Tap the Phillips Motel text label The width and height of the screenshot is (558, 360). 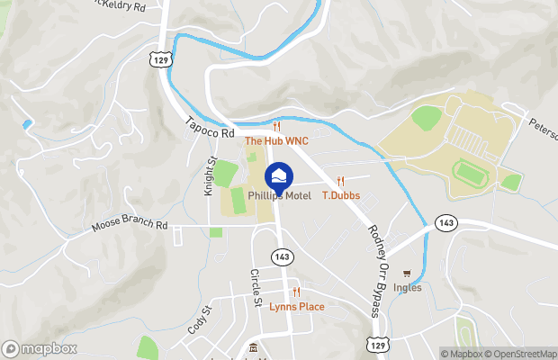(279, 196)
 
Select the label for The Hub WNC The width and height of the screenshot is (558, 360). (277, 141)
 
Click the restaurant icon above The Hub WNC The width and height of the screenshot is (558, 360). (277, 128)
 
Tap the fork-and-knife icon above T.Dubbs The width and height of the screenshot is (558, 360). (340, 181)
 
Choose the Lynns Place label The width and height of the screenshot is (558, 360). (297, 307)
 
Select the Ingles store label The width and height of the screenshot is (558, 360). (408, 289)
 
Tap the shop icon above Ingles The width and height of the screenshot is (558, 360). (408, 274)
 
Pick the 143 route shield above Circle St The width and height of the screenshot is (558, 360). (283, 256)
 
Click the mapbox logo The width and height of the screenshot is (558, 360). (40, 348)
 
